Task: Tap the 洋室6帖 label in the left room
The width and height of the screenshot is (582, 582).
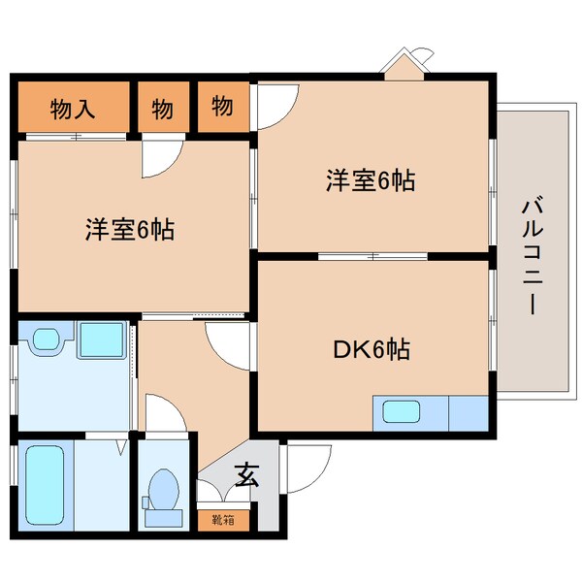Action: [129, 231]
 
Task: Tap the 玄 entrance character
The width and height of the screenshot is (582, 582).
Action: [247, 476]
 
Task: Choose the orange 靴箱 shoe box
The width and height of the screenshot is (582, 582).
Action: [222, 519]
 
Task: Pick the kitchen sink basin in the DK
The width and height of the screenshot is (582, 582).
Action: [401, 412]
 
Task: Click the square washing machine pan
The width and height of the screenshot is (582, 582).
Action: [99, 340]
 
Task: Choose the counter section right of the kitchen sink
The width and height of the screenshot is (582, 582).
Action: [469, 412]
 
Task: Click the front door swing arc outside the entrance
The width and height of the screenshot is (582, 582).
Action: [302, 466]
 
